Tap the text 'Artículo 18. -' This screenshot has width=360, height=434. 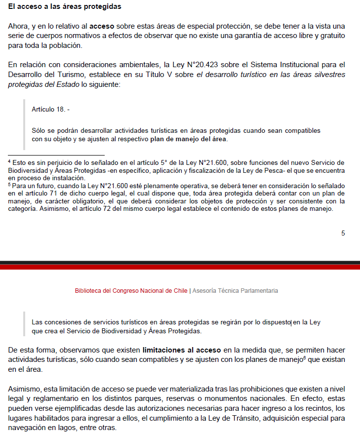(50, 109)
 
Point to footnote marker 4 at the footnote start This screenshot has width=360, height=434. (9, 161)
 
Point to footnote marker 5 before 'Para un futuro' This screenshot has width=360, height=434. (9, 184)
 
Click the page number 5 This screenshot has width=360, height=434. (343, 233)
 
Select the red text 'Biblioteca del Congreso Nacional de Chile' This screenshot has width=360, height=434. (131, 291)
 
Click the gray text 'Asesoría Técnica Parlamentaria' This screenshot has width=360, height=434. (235, 291)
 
